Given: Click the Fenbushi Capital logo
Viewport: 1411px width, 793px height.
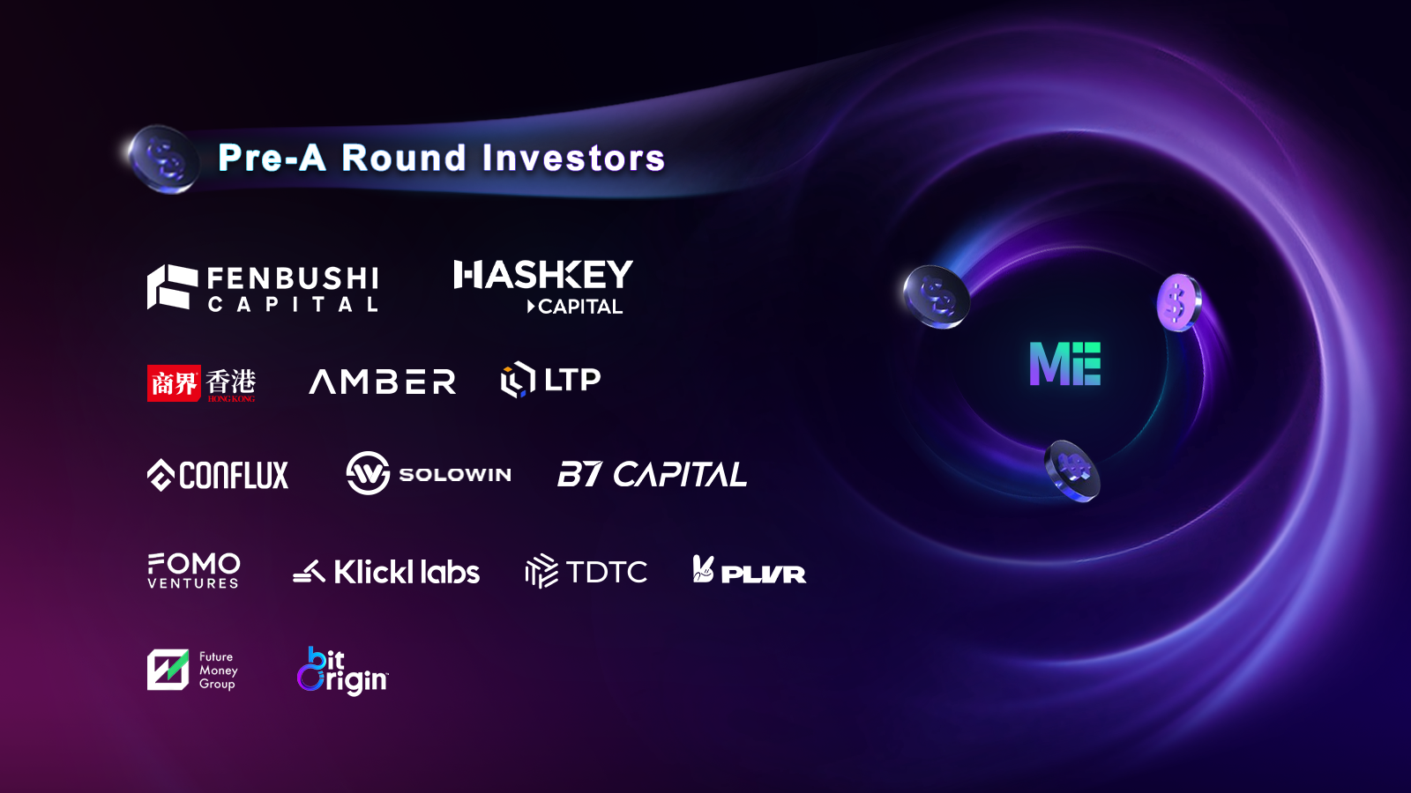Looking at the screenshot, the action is pyautogui.click(x=263, y=287).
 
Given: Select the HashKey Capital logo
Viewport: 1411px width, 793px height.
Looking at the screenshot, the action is pyautogui.click(x=543, y=287).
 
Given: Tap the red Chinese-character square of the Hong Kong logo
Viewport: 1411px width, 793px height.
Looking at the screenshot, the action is pyautogui.click(x=174, y=383).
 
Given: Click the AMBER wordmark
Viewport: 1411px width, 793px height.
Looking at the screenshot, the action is pyautogui.click(x=383, y=382).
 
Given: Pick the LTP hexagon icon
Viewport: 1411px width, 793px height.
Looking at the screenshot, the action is pyautogui.click(x=518, y=380).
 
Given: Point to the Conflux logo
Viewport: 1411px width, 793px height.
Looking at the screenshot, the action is pyautogui.click(x=217, y=475).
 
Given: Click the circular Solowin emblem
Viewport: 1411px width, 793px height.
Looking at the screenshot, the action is pyautogui.click(x=368, y=472).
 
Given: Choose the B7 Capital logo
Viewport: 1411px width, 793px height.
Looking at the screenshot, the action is pyautogui.click(x=652, y=474).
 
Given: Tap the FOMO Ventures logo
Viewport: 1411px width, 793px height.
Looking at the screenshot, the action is pyautogui.click(x=193, y=571).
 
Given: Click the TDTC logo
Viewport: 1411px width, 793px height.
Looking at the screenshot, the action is pyautogui.click(x=586, y=572).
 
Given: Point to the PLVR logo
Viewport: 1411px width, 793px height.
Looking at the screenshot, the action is pyautogui.click(x=749, y=569).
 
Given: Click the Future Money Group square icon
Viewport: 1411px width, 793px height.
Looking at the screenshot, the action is pyautogui.click(x=168, y=670).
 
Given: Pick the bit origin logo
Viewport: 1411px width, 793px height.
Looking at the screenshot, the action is pyautogui.click(x=343, y=671).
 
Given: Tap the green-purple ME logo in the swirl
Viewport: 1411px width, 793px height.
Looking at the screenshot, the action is pyautogui.click(x=1065, y=364).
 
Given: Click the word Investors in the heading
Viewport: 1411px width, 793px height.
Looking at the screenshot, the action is pyautogui.click(x=573, y=158).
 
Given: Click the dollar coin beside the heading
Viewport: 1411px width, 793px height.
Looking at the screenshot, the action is pyautogui.click(x=164, y=159).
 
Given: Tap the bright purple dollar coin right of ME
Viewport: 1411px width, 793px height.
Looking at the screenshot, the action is pyautogui.click(x=1179, y=303).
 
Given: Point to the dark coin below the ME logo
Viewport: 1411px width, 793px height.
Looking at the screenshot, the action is pyautogui.click(x=1072, y=471).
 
